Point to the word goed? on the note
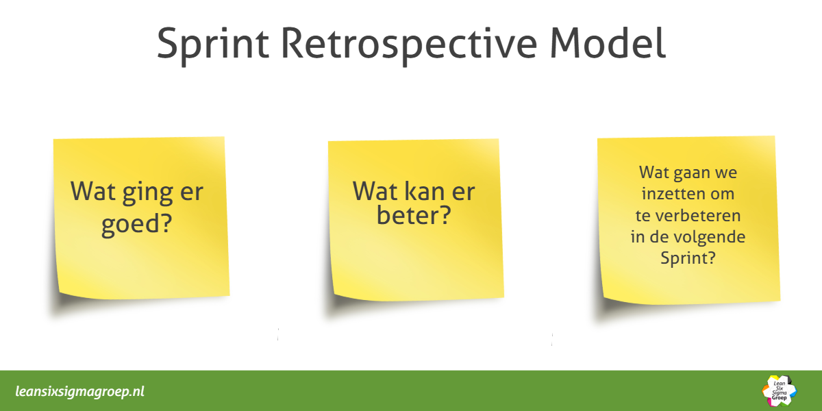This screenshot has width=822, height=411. click(136, 225)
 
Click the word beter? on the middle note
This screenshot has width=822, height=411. click(412, 216)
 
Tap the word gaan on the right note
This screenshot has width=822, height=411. click(694, 172)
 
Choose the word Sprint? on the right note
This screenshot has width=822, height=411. click(687, 259)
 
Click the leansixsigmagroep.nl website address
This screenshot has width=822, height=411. click(79, 392)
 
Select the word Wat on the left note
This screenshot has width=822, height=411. click(92, 192)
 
